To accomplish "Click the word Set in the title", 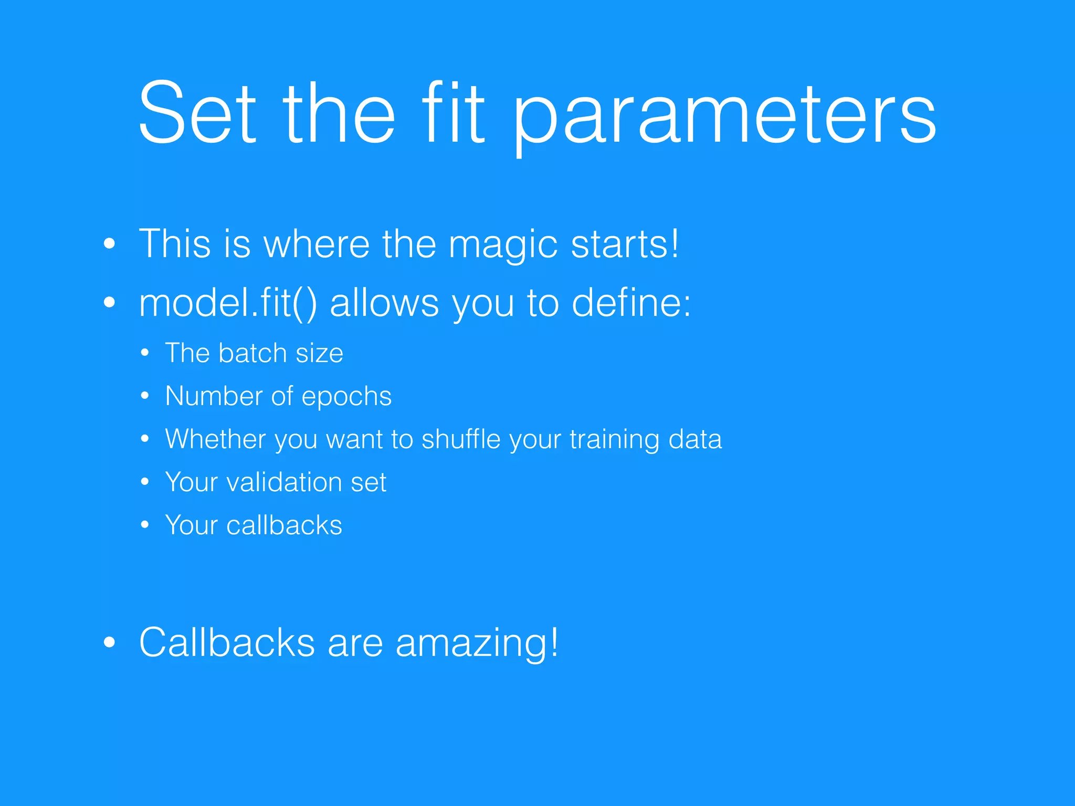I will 197,112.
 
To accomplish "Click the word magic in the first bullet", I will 502,245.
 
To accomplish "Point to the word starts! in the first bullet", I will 625,244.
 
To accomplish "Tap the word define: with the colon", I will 631,303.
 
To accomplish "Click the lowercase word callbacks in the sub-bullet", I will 284,525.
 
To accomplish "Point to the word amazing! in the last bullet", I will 477,643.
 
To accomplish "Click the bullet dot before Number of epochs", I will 145,396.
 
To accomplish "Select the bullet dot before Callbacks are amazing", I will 109,642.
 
